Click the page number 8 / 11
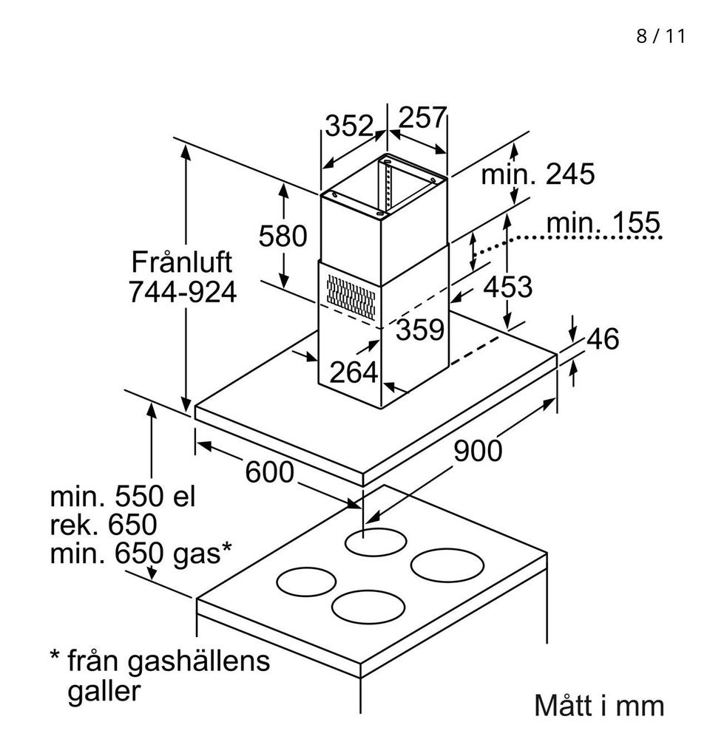(660, 36)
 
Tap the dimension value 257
(423, 118)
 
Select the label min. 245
(538, 174)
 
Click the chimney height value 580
(283, 236)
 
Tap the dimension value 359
(419, 330)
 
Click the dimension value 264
(353, 372)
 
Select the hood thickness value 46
(602, 339)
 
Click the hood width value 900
(477, 450)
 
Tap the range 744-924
(182, 293)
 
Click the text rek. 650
(104, 525)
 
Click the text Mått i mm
(599, 705)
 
